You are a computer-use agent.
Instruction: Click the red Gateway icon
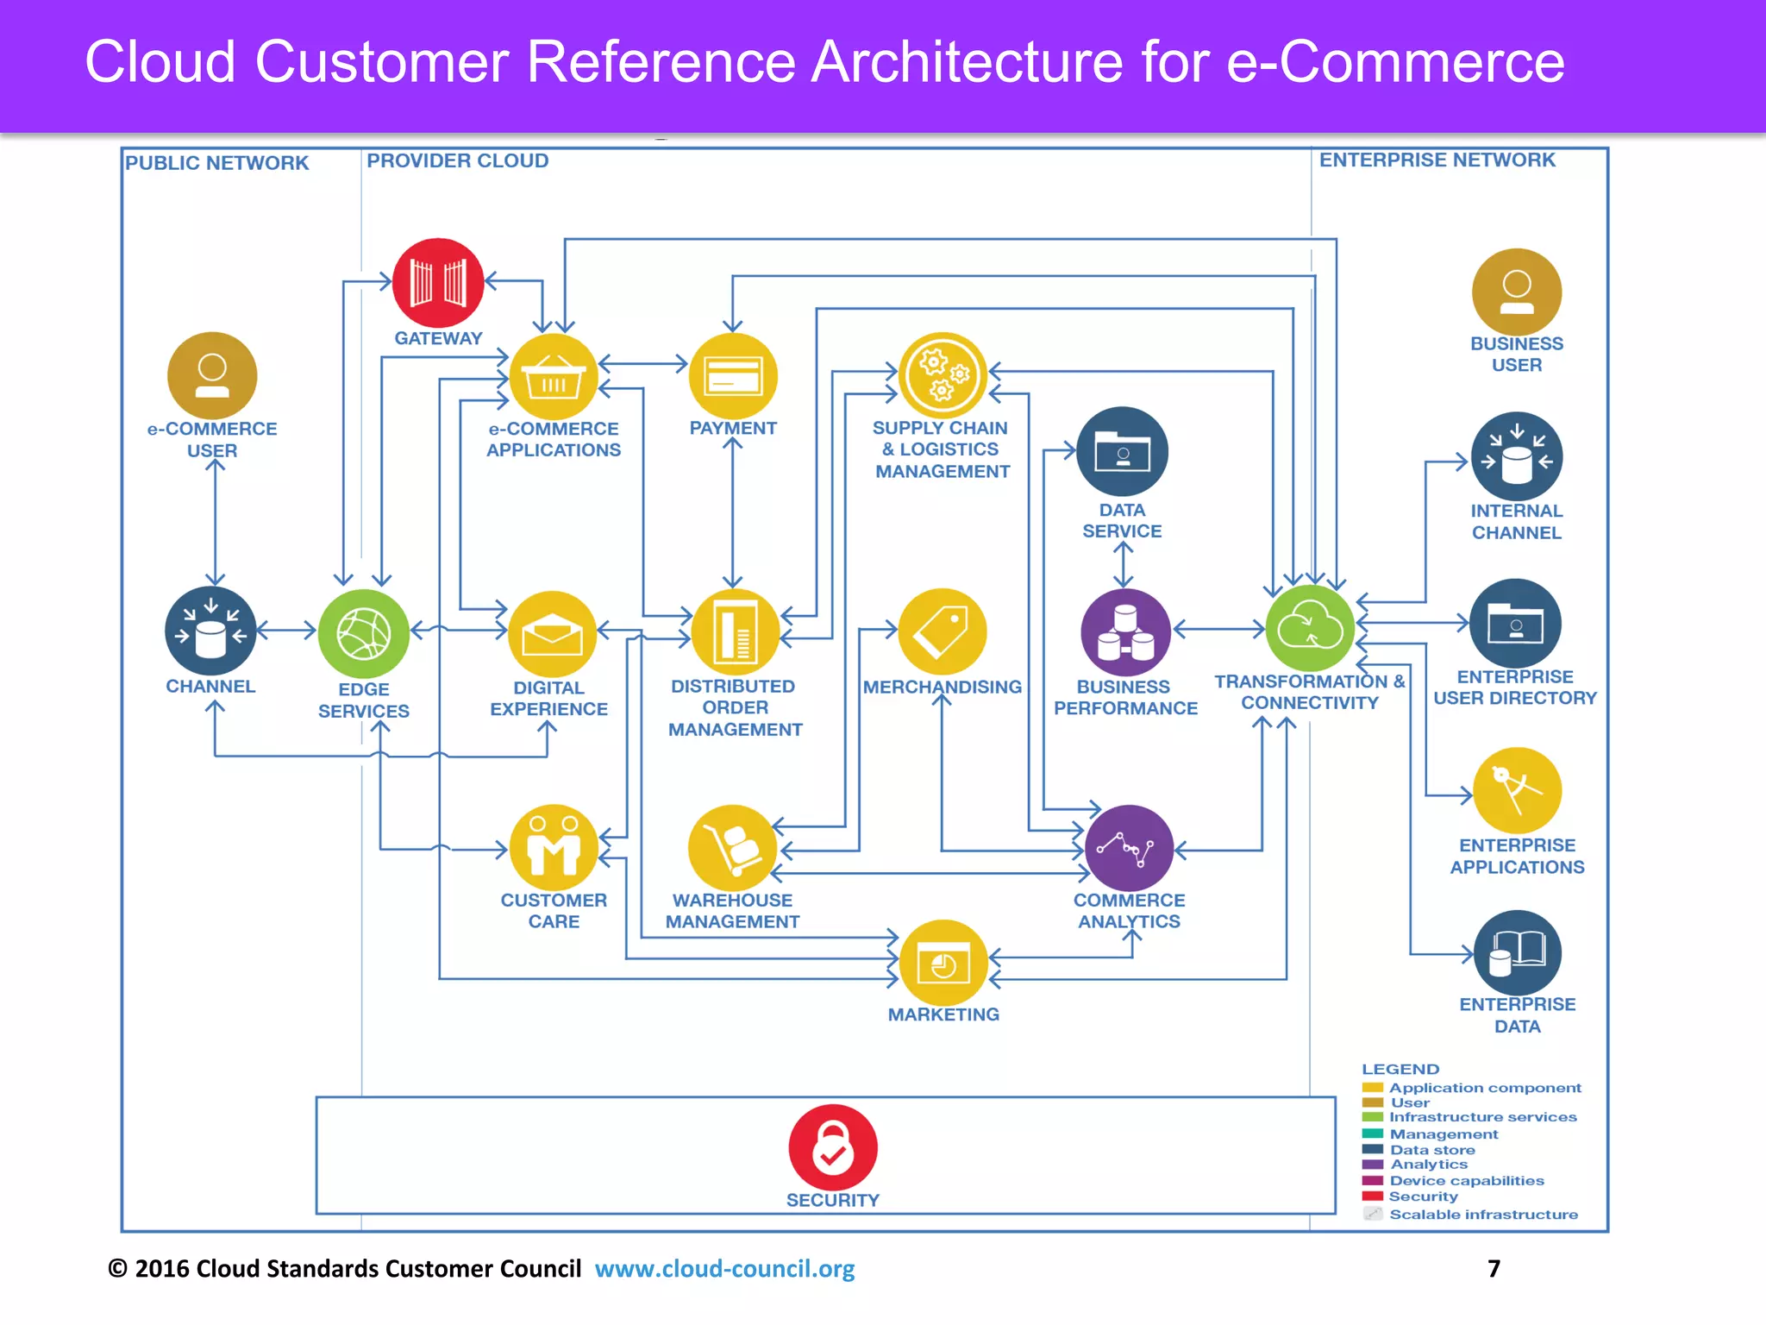pyautogui.click(x=438, y=283)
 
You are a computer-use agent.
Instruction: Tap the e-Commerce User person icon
pyautogui.click(x=212, y=376)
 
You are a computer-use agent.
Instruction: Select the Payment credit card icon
pyautogui.click(x=733, y=377)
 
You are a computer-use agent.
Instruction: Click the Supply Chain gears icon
pyautogui.click(x=942, y=375)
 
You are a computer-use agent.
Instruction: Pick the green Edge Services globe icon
pyautogui.click(x=364, y=634)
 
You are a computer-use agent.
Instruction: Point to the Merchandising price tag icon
pyautogui.click(x=942, y=632)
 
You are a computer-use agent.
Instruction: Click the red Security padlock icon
pyautogui.click(x=833, y=1147)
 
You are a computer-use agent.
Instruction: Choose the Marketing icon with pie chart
pyautogui.click(x=943, y=964)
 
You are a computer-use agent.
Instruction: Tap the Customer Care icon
pyautogui.click(x=554, y=848)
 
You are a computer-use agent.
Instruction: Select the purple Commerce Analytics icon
pyautogui.click(x=1129, y=848)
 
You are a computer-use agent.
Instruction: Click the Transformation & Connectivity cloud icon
pyautogui.click(x=1310, y=629)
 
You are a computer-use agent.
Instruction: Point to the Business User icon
pyautogui.click(x=1517, y=292)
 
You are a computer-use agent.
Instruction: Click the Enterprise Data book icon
pyautogui.click(x=1518, y=953)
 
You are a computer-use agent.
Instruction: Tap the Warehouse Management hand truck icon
pyautogui.click(x=733, y=848)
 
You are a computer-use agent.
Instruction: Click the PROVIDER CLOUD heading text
pyautogui.click(x=457, y=161)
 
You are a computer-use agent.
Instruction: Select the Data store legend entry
pyautogui.click(x=1431, y=1150)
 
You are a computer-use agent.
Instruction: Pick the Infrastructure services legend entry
pyautogui.click(x=1482, y=1117)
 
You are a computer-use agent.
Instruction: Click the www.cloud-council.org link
pyautogui.click(x=724, y=1269)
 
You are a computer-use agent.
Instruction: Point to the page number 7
pyautogui.click(x=1494, y=1269)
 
